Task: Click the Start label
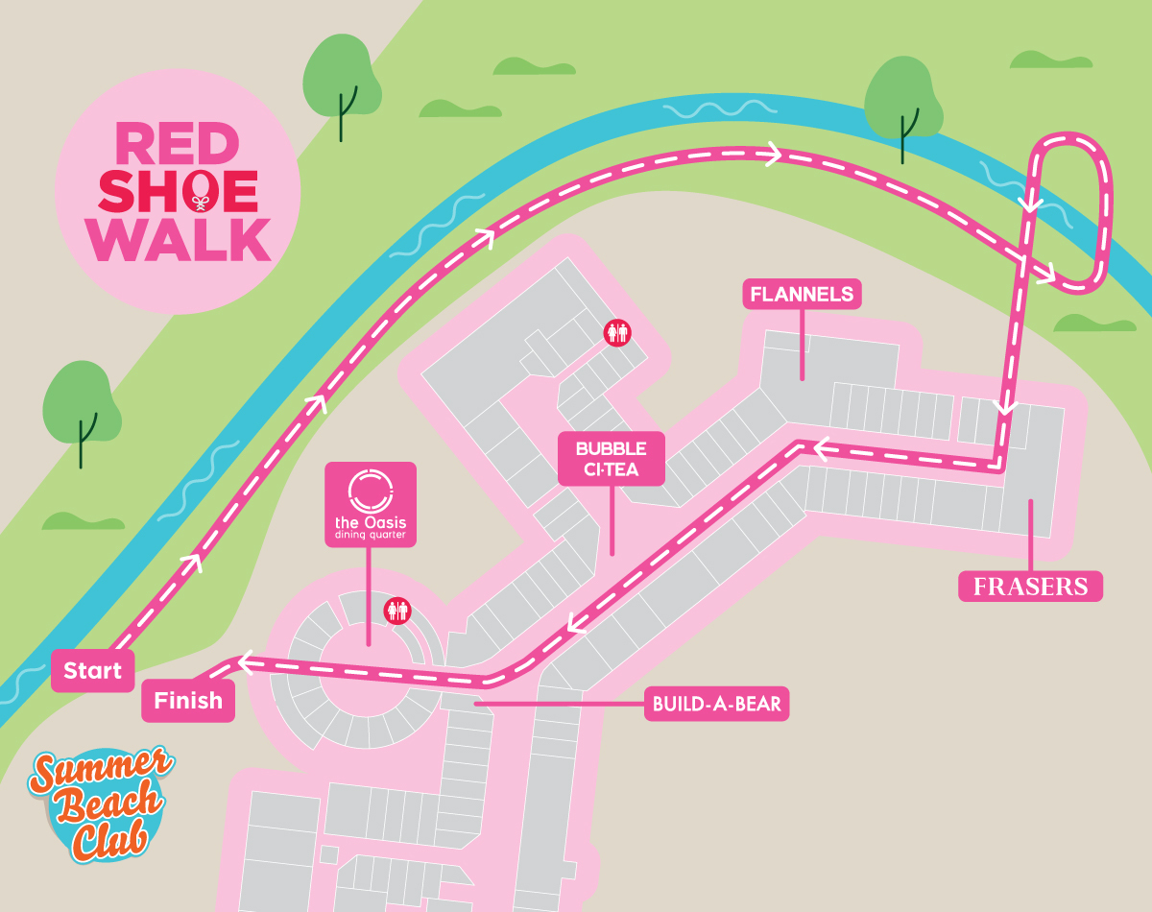click(x=93, y=671)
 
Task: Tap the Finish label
click(x=188, y=701)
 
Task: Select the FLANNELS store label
click(x=803, y=295)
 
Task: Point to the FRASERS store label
click(x=1030, y=586)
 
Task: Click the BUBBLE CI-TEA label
click(x=612, y=459)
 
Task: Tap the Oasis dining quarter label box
click(x=371, y=505)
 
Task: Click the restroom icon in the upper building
click(x=616, y=332)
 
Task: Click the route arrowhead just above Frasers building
click(x=1004, y=407)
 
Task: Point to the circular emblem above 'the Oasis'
click(x=371, y=490)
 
